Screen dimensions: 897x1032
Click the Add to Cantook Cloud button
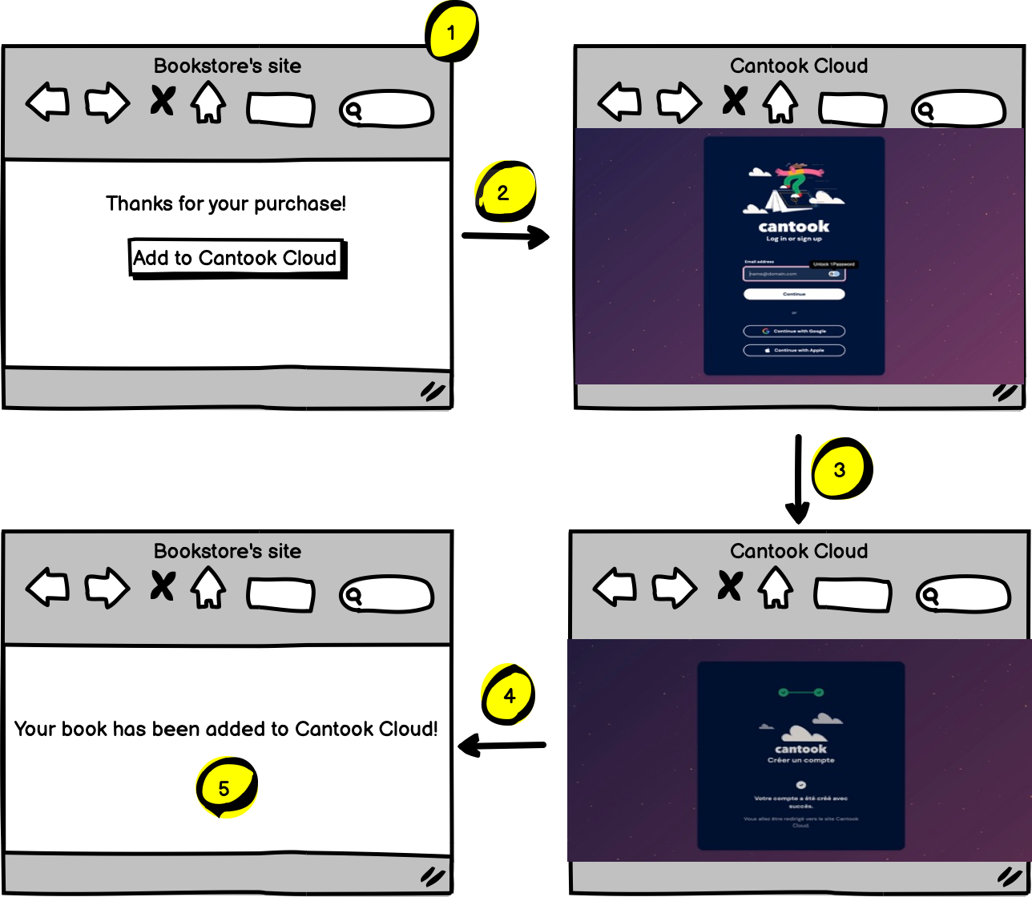click(236, 258)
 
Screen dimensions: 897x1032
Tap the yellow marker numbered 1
click(451, 33)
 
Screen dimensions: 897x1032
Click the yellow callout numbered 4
click(510, 695)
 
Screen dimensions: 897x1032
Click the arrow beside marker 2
click(506, 236)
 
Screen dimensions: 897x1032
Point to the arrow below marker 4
click(502, 746)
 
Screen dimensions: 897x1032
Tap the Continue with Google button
click(794, 331)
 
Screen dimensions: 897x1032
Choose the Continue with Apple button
click(794, 350)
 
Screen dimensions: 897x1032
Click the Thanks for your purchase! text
click(226, 203)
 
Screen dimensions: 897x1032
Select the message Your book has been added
click(226, 729)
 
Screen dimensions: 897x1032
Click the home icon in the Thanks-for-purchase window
click(208, 102)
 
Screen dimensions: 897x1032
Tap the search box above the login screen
click(958, 110)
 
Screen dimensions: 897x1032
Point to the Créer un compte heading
click(800, 760)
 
